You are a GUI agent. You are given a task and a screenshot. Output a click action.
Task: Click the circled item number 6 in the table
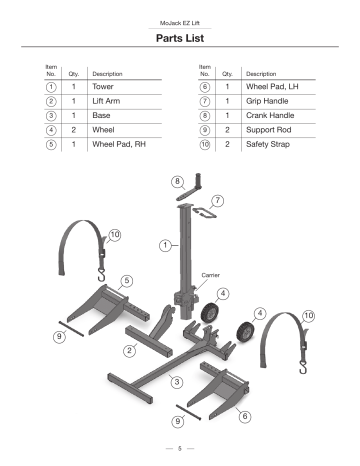(x=204, y=88)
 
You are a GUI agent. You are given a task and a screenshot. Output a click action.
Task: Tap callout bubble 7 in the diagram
(x=217, y=201)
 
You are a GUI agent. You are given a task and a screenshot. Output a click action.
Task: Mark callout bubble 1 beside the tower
(x=163, y=245)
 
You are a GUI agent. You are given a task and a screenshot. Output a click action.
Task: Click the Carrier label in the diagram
(x=211, y=273)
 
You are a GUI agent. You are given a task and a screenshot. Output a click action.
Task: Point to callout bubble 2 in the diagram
(x=130, y=350)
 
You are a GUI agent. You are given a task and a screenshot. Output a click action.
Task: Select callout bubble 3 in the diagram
(x=176, y=381)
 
